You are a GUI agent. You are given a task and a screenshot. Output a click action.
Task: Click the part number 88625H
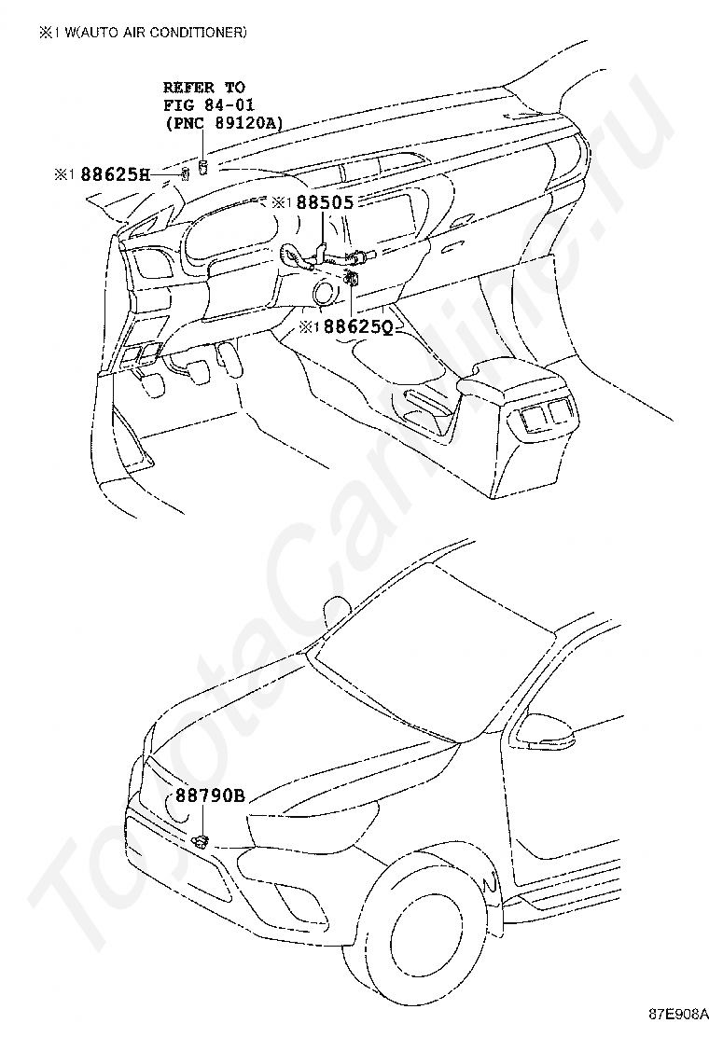(114, 173)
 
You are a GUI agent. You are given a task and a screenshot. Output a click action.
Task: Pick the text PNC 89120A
(224, 121)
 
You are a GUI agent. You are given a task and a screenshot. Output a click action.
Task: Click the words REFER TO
(204, 87)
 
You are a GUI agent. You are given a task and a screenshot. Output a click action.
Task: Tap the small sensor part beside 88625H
(185, 174)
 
